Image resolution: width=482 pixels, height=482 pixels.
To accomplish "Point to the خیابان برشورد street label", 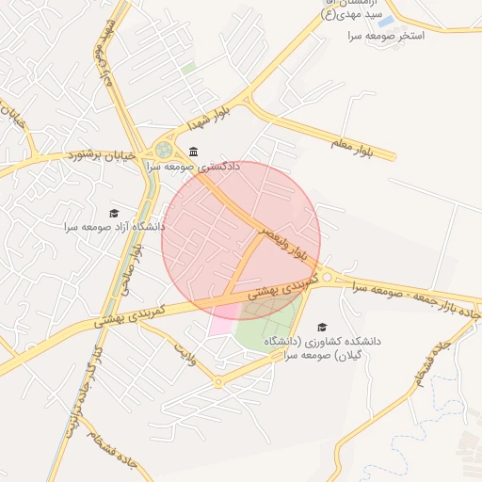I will coord(103,153).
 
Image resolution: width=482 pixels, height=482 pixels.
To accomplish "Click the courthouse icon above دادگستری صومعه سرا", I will coord(193,152).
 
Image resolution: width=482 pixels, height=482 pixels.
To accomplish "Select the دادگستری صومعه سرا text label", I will coord(193,166).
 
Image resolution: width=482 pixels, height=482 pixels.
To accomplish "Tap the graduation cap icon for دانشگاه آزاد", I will coord(114,214).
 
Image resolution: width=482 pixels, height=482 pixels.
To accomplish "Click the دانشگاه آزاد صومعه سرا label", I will coord(114,227).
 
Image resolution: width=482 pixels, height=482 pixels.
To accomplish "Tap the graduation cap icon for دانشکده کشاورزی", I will coord(322,327).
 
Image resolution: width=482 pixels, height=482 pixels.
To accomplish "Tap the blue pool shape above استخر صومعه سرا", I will coord(385,21).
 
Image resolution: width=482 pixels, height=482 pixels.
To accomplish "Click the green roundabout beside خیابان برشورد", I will coord(165,149).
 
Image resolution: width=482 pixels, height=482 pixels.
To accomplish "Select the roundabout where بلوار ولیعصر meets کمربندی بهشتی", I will coord(326,276).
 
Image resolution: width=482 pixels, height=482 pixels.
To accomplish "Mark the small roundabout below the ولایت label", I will coord(217,381).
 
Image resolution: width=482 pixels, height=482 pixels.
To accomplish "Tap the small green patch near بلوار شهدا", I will coord(189,68).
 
